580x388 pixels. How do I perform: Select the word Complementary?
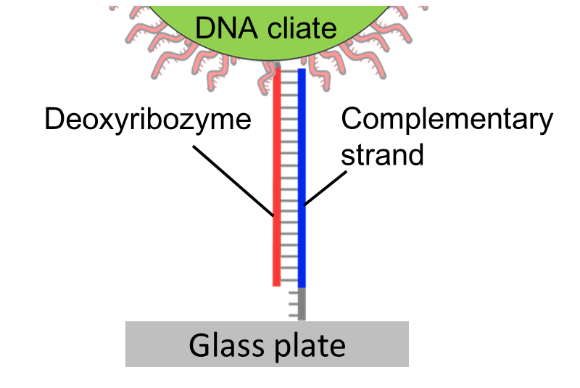point(447,119)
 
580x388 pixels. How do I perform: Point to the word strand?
point(382,154)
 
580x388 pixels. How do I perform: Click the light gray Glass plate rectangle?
point(145,345)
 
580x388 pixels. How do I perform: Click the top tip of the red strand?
point(278,71)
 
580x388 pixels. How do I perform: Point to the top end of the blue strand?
point(302,71)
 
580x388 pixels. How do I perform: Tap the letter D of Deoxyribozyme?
point(53,119)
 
